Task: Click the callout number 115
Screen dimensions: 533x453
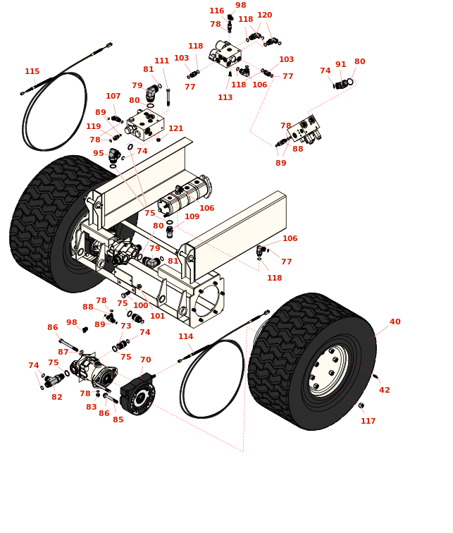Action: click(32, 72)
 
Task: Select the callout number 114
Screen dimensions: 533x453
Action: click(185, 337)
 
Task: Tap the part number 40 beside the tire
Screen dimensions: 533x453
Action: click(395, 322)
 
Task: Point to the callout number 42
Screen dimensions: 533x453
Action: click(384, 391)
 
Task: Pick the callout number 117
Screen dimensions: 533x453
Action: click(368, 422)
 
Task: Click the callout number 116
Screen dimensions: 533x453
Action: click(216, 11)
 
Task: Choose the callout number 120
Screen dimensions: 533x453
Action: click(264, 16)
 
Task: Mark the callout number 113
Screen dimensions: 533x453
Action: click(225, 98)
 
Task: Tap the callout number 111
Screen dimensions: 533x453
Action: click(161, 61)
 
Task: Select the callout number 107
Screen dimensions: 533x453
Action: click(113, 97)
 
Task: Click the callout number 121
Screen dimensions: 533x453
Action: click(175, 129)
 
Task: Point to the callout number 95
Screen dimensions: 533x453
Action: click(98, 154)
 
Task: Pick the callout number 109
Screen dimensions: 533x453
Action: click(192, 217)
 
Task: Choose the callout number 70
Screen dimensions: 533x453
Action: click(145, 360)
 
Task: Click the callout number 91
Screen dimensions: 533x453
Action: click(340, 65)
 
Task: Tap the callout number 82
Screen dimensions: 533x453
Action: click(56, 398)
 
